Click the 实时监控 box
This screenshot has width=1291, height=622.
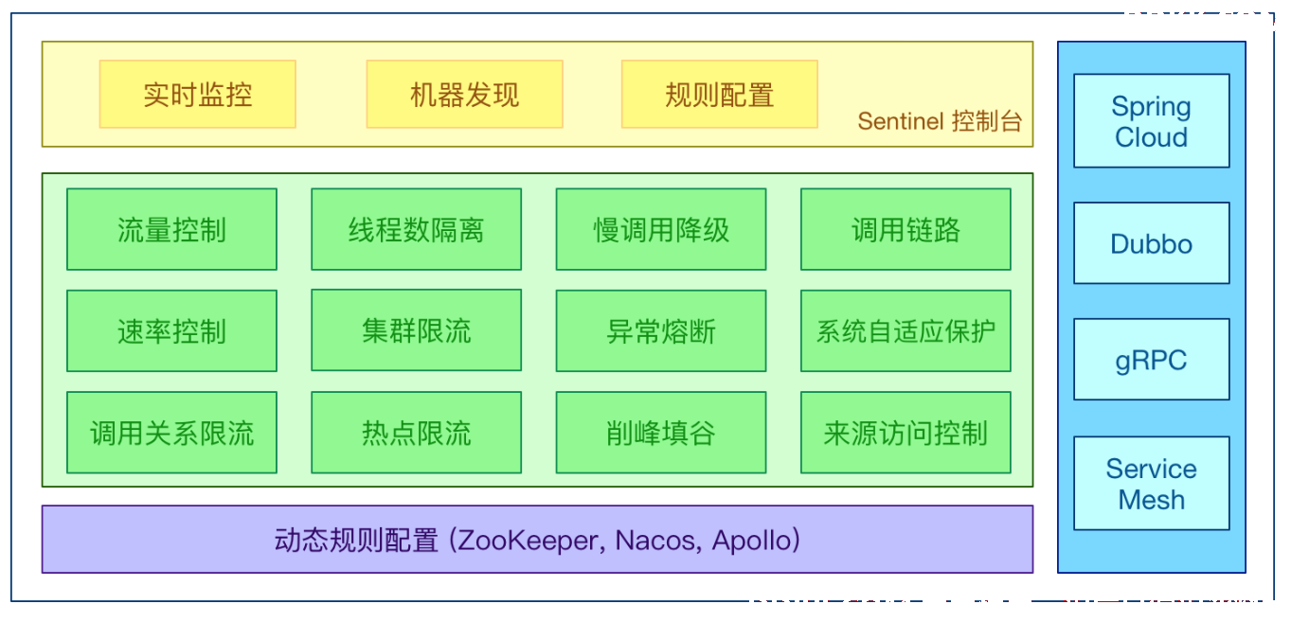coord(198,94)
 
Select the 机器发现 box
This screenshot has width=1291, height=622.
coord(464,94)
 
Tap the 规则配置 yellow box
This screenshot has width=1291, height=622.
coord(720,94)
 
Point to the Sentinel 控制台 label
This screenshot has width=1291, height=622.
coord(940,121)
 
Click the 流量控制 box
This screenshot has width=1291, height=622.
coord(171,229)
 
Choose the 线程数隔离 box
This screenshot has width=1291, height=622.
coord(417,229)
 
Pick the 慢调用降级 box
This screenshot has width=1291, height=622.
coord(661,229)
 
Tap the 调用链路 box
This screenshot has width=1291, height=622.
coord(906,229)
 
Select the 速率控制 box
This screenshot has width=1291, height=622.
coord(171,330)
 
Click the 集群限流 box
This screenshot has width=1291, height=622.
coord(417,330)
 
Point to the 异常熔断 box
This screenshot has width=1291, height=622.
coord(661,330)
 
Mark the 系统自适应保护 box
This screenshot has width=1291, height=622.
coord(906,330)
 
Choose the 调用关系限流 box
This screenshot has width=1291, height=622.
coord(171,433)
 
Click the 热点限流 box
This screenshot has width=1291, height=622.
coord(417,433)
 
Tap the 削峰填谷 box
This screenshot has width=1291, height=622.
coord(661,433)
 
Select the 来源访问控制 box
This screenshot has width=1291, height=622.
coord(906,433)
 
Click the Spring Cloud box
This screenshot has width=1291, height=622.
coord(1152,121)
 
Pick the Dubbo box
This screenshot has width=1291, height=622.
coord(1152,243)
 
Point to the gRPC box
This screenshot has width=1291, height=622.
coord(1152,360)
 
